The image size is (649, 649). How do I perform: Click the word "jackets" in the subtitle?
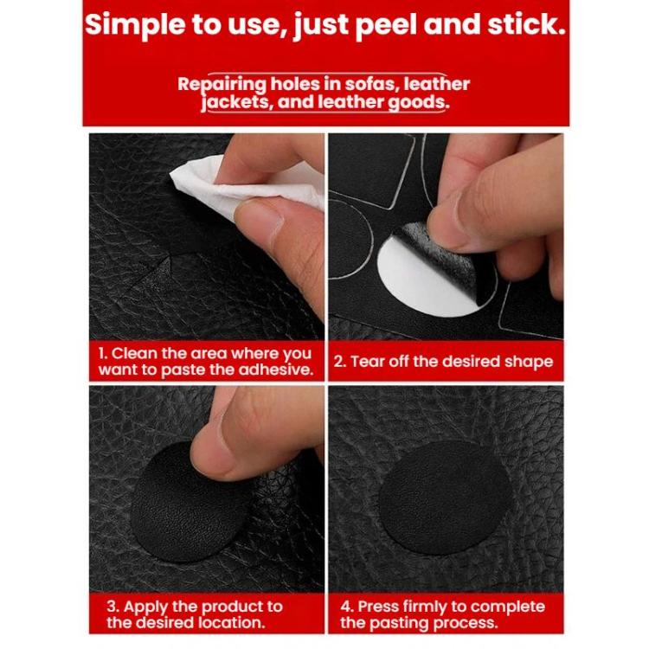234,101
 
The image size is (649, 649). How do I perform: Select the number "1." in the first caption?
102,353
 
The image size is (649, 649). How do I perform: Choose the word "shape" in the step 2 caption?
529,362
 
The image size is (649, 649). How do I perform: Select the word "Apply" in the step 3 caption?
145,606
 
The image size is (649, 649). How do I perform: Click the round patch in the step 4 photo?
444,498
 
